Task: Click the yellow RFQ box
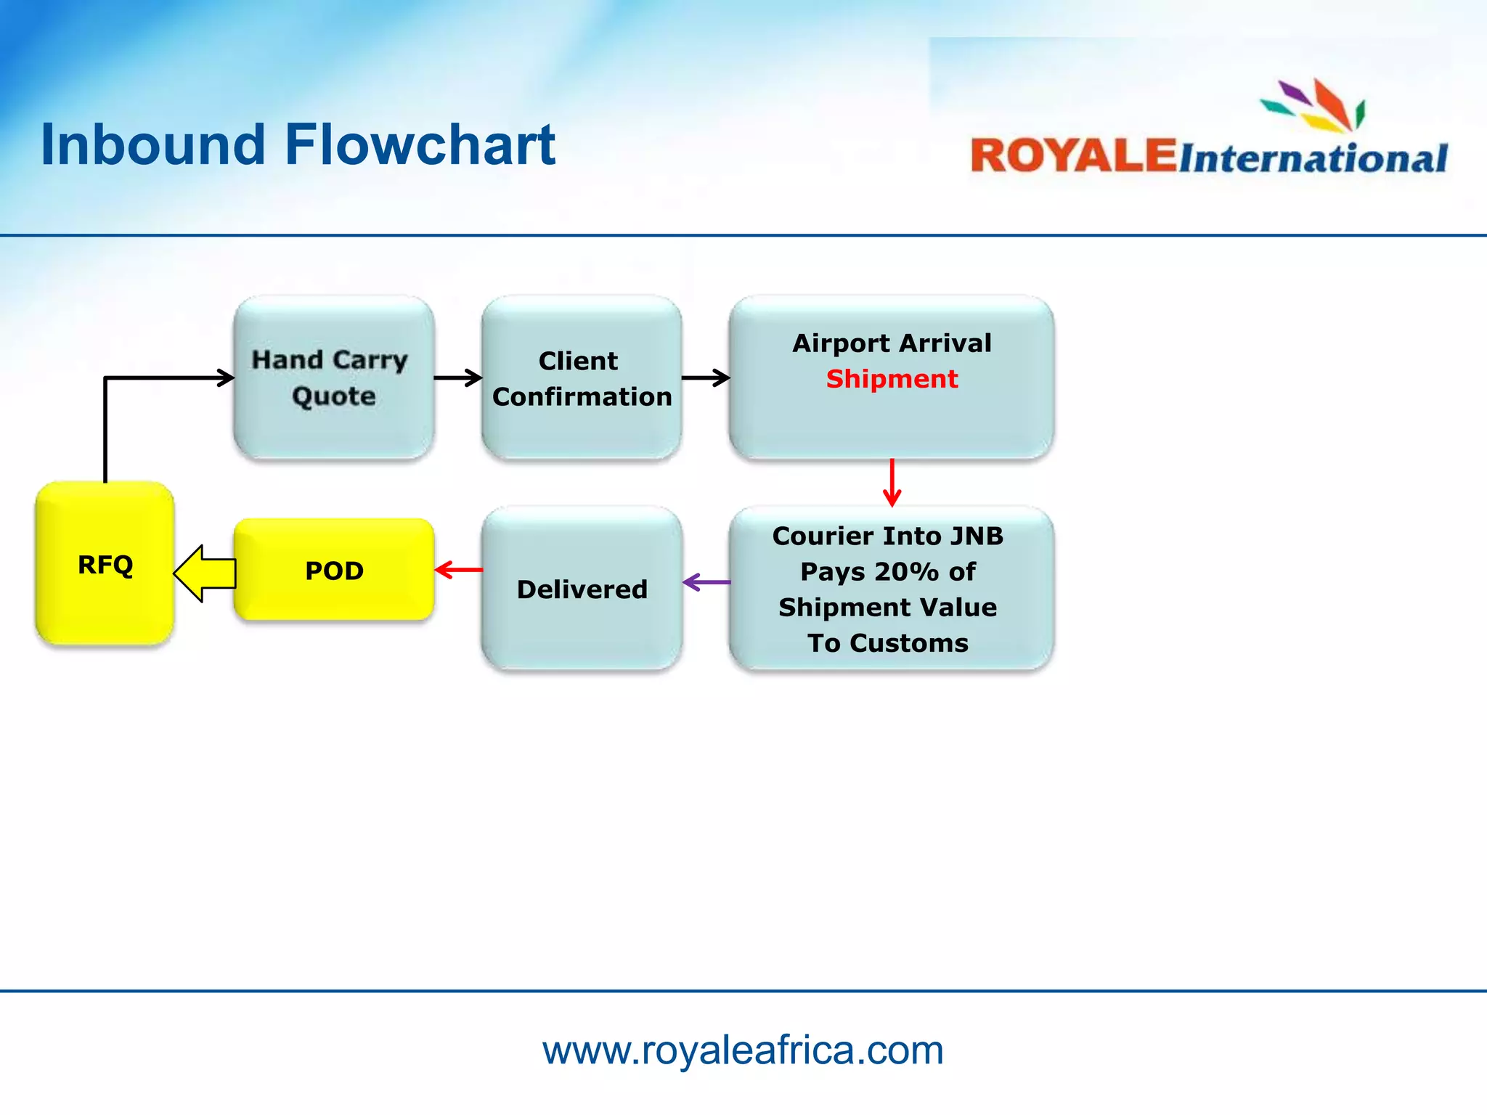tap(105, 563)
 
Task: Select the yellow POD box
tap(333, 571)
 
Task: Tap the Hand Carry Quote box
tap(333, 377)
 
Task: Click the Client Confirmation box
tap(581, 378)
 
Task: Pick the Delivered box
tap(581, 589)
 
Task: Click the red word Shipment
tap(892, 379)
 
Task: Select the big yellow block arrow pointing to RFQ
tap(205, 573)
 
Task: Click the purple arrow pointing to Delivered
tap(706, 581)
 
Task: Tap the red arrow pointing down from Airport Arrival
tap(892, 482)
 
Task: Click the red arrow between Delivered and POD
tap(458, 570)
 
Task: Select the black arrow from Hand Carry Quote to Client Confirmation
tap(458, 377)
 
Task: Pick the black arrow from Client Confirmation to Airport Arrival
tap(706, 377)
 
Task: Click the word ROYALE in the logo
tap(1072, 155)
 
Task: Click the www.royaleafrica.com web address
tap(743, 1050)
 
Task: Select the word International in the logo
tap(1313, 158)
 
